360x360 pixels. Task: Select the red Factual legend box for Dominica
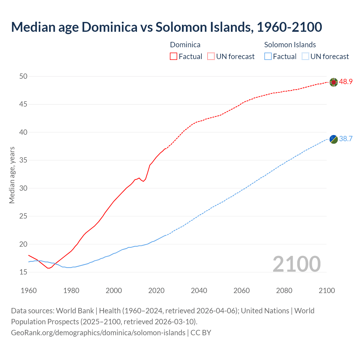point(174,57)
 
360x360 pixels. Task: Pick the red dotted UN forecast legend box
point(211,57)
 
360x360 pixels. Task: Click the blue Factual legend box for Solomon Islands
point(268,57)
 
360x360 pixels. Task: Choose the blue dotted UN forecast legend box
point(305,57)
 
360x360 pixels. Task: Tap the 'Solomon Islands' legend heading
point(290,45)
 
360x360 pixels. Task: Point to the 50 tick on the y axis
point(23,76)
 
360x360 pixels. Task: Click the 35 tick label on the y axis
point(23,160)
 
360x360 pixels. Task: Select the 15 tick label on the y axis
point(23,272)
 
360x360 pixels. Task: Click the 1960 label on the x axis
point(29,291)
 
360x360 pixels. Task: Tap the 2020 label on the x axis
point(156,291)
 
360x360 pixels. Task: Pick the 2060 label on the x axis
point(242,291)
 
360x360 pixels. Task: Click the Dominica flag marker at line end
point(334,82)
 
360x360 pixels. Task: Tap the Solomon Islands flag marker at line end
point(334,139)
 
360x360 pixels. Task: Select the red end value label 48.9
point(346,82)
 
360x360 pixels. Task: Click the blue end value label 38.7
point(346,139)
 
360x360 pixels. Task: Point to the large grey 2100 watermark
point(297,264)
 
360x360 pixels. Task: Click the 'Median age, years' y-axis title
point(12,175)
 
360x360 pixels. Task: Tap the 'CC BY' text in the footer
point(201,332)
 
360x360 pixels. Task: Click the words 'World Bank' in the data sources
point(75,311)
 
